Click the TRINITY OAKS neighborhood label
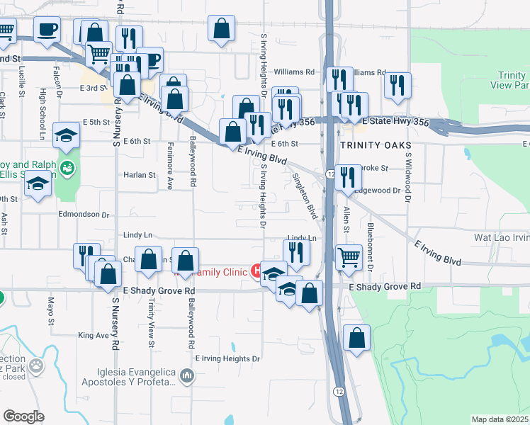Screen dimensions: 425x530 point(375,145)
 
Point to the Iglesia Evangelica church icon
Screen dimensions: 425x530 point(186,375)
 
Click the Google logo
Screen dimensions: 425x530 point(23,416)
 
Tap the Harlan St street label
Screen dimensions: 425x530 point(139,175)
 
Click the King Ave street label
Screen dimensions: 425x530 point(94,335)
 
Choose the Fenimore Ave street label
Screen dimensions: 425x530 point(169,173)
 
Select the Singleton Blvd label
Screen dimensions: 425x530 point(310,197)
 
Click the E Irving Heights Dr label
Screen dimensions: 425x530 point(227,358)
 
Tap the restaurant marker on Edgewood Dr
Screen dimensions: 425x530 point(347,177)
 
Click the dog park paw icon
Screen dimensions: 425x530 point(35,366)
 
